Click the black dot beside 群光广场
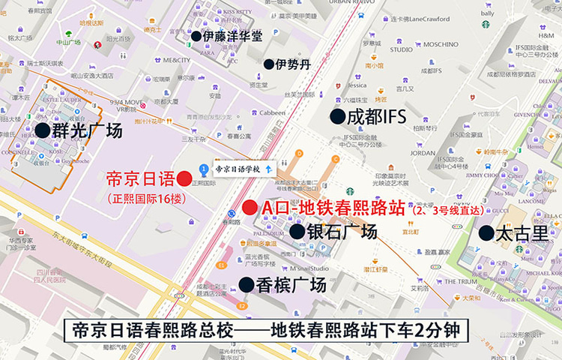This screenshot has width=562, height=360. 43,130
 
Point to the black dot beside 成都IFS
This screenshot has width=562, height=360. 338,116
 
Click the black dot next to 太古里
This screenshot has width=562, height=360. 486,232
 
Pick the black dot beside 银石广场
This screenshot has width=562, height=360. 297,232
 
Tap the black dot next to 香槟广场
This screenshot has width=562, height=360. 246,284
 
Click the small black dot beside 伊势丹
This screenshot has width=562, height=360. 268,64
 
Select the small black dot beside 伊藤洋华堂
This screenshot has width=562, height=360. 196,35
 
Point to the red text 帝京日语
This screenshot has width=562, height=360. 140,179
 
